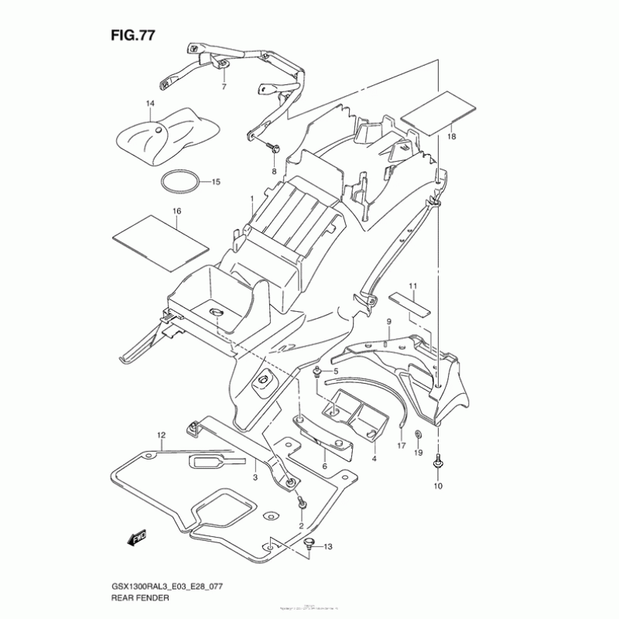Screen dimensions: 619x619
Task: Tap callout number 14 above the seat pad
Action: (149, 104)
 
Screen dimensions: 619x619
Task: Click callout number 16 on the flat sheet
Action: (176, 211)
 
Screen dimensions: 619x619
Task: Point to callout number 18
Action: (451, 137)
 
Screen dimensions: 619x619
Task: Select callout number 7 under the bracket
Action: (224, 87)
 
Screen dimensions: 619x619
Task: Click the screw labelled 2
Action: (303, 504)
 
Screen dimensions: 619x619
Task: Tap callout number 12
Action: (161, 435)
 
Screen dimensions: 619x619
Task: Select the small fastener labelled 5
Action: (318, 373)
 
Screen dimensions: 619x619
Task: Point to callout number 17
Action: (401, 446)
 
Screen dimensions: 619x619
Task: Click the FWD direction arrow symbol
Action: (137, 534)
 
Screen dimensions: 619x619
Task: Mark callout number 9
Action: (388, 321)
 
